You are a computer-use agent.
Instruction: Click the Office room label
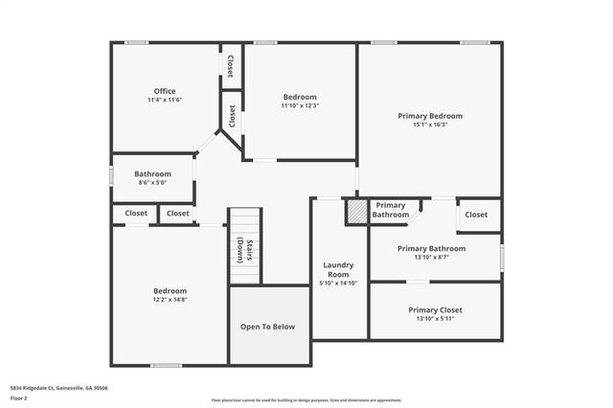click(x=165, y=91)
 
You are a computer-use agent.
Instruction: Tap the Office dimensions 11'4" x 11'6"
click(x=165, y=101)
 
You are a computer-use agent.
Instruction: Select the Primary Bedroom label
click(x=430, y=115)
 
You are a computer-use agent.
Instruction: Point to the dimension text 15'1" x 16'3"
click(x=430, y=125)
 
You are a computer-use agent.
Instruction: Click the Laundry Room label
click(x=338, y=269)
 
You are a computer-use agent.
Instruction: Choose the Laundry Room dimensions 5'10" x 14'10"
click(x=338, y=283)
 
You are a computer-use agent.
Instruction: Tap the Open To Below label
click(x=267, y=327)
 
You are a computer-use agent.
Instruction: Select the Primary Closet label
click(x=435, y=310)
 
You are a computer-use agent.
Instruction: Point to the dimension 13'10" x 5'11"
click(x=435, y=320)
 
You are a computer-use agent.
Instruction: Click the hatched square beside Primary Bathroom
click(x=356, y=211)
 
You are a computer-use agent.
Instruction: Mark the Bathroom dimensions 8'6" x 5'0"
click(x=152, y=183)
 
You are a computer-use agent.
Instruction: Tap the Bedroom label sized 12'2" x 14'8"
click(x=170, y=290)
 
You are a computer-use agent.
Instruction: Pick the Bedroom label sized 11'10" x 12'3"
click(x=299, y=97)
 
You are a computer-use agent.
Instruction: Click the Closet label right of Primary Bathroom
click(x=476, y=215)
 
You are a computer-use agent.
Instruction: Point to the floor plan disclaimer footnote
click(x=306, y=399)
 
